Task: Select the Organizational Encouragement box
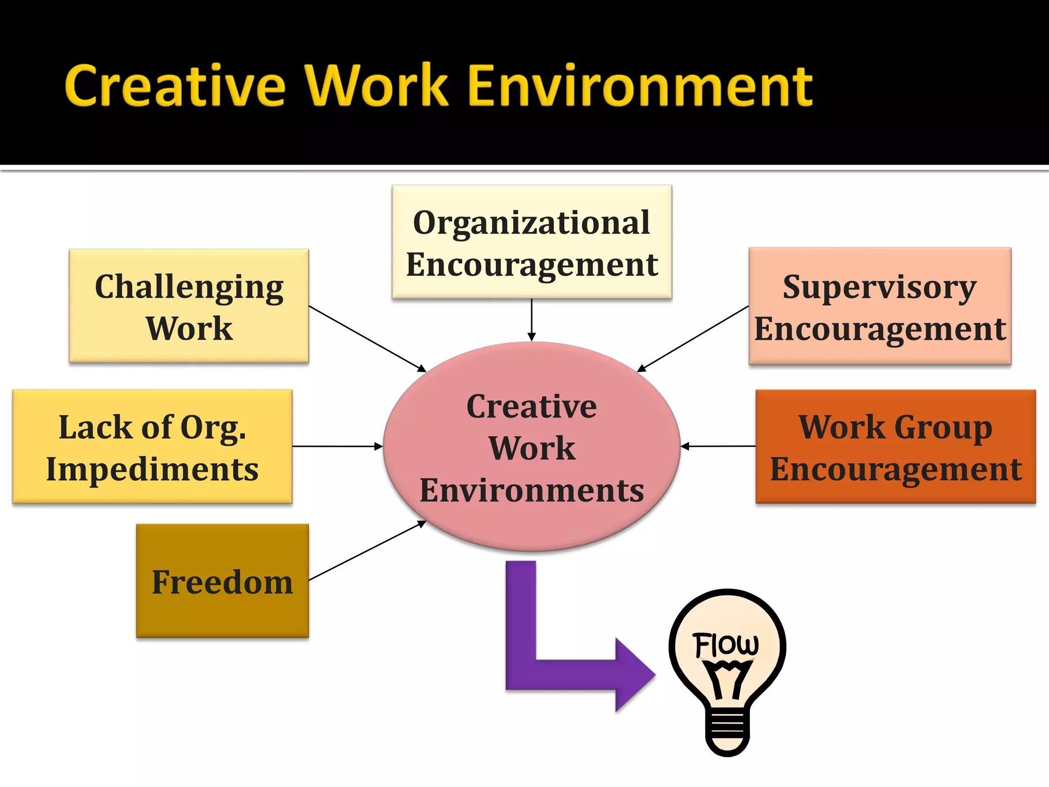point(532,242)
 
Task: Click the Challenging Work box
point(189,306)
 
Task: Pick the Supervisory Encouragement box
point(879,306)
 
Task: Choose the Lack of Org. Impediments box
point(152,447)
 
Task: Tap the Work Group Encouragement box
point(895,447)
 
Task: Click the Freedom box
point(222,581)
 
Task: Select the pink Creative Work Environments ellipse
point(532,447)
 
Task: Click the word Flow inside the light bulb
point(726,645)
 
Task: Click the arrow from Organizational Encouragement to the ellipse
point(532,320)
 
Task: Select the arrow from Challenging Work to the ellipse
point(367,338)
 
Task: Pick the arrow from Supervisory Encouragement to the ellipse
point(693,339)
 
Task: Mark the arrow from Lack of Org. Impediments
point(337,447)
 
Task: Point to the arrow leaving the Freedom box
point(367,551)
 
